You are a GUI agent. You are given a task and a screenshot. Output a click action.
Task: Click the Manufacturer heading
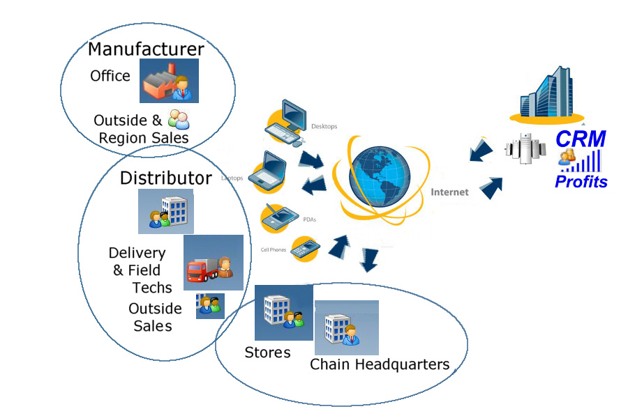coord(146,49)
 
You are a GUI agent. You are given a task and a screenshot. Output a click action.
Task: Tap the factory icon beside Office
coord(169,81)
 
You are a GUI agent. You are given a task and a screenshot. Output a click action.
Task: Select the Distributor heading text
coord(165,178)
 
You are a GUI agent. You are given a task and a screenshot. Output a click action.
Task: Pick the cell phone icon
coord(305,248)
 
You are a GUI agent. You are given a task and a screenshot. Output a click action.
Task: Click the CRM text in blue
coord(581,139)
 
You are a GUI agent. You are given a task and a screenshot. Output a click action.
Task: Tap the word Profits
coord(581,183)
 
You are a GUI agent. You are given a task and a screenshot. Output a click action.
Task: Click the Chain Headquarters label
coord(380,364)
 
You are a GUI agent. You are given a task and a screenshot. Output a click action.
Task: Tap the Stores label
coord(267,353)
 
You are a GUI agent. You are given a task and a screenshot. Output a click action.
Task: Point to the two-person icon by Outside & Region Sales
coord(178,119)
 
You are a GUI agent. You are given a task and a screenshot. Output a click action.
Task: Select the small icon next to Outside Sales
coord(210,305)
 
